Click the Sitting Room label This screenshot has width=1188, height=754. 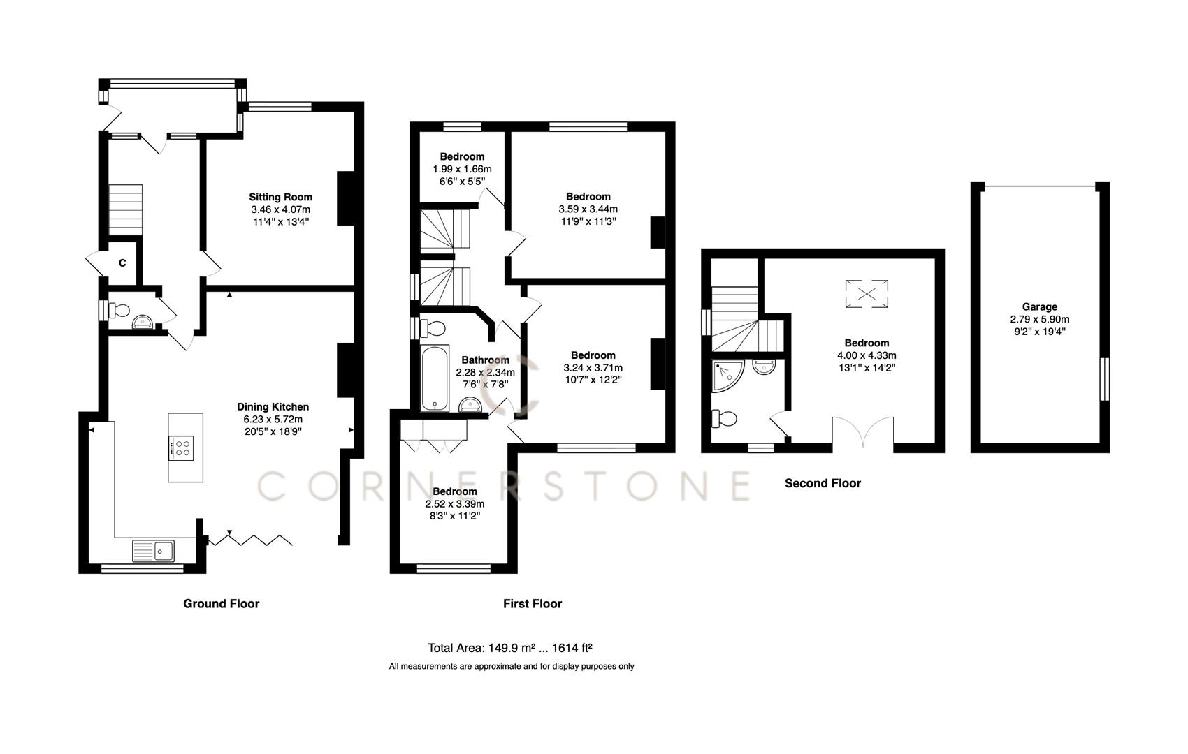click(x=280, y=197)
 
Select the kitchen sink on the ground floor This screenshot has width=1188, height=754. click(x=154, y=550)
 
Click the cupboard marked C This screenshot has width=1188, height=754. click(x=122, y=263)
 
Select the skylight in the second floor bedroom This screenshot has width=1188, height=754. click(x=867, y=293)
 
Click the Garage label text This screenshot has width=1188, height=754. click(x=1039, y=306)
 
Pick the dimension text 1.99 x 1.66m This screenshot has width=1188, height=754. click(x=462, y=169)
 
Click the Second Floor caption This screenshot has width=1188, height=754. click(x=823, y=483)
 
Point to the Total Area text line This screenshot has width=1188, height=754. click(x=510, y=647)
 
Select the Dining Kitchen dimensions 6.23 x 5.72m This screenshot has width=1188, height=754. click(x=273, y=419)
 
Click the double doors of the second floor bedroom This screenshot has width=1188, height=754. click(x=863, y=433)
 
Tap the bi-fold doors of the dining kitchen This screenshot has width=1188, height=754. click(x=252, y=539)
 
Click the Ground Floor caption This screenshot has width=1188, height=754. click(x=221, y=603)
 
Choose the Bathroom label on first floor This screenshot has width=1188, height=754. click(x=485, y=360)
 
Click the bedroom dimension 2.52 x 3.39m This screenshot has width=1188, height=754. click(x=454, y=503)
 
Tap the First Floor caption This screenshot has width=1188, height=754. click(x=532, y=603)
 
